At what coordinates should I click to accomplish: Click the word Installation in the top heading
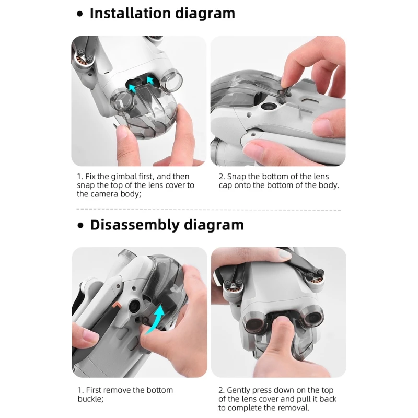pos(130,13)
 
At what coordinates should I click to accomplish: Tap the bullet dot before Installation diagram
pos(80,14)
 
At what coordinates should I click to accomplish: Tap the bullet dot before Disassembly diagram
pos(80,226)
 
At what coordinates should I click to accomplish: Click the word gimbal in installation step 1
pos(124,177)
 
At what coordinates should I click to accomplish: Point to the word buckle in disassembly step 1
pos(89,399)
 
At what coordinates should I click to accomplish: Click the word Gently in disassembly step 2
pos(239,390)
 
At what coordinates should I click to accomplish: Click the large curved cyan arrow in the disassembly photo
pos(157,319)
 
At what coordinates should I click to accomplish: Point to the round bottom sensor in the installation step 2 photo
pos(266,106)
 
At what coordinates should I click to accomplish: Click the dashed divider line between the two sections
pos(208,210)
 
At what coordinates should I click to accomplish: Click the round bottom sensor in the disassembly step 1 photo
pos(134,307)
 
